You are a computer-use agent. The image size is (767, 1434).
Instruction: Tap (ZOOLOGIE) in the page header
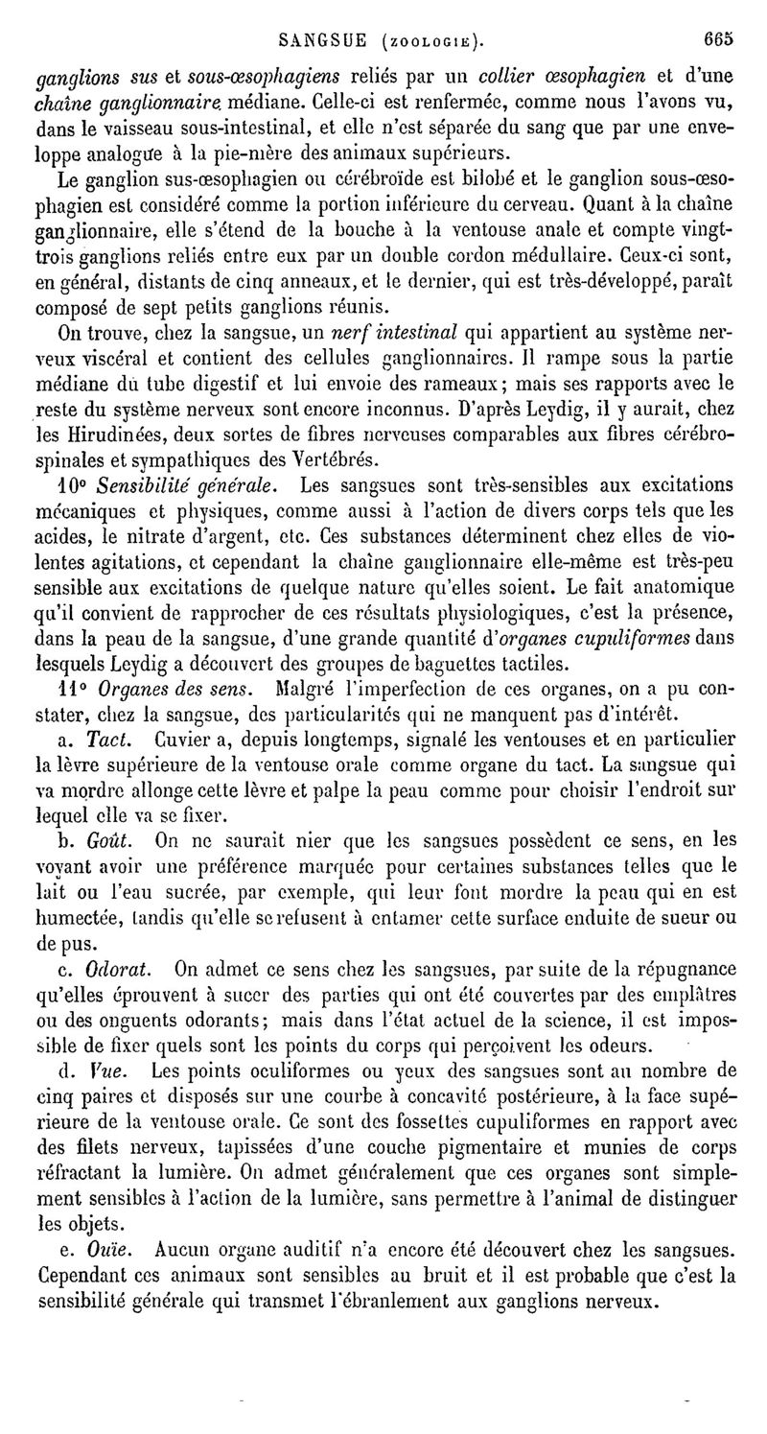[430, 42]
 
